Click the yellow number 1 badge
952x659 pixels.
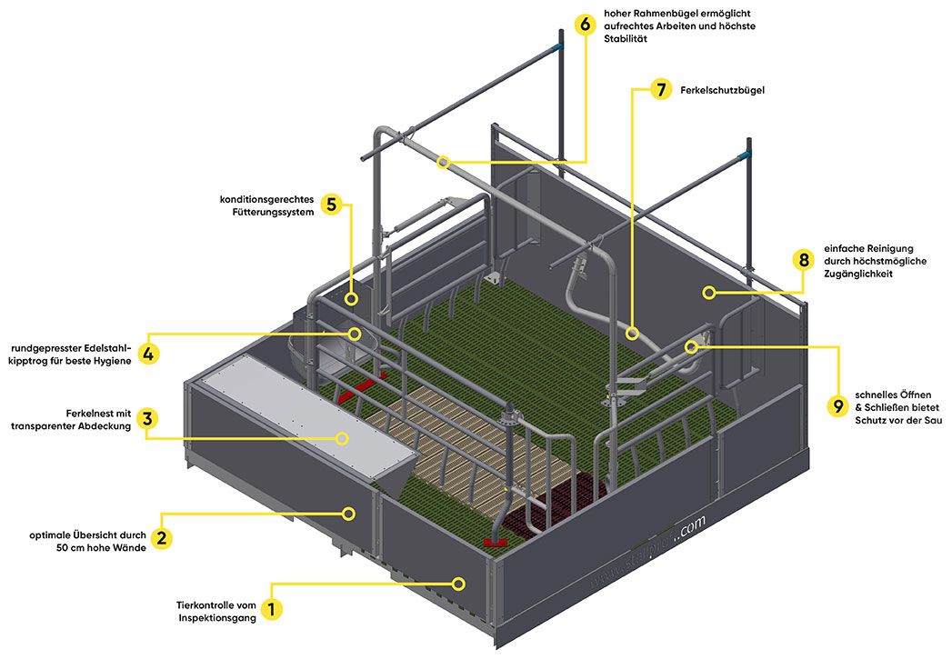coord(269,607)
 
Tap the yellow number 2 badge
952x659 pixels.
coord(161,538)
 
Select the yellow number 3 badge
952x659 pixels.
coord(148,418)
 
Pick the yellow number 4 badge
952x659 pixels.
coord(148,353)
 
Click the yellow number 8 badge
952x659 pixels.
coord(802,260)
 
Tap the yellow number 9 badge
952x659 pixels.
coord(837,404)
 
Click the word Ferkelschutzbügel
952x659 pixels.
coord(722,91)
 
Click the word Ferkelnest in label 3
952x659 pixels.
coord(91,412)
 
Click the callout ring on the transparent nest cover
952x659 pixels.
coord(343,437)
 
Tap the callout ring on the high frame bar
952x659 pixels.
coord(443,162)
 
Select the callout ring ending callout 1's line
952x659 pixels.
coord(460,582)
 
